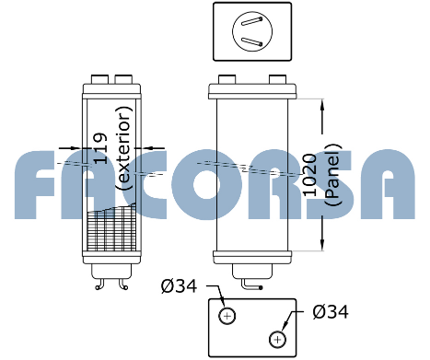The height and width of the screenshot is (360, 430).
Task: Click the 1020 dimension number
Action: click(309, 175)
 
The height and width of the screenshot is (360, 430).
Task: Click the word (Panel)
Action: click(333, 175)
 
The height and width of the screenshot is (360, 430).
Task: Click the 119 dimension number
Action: click(100, 148)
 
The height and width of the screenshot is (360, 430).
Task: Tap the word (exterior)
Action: click(123, 148)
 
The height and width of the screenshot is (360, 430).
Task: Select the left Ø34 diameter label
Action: click(179, 286)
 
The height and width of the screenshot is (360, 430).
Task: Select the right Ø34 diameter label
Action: click(331, 312)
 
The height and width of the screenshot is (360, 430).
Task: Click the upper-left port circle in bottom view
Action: click(227, 316)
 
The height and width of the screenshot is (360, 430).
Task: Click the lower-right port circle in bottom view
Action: click(277, 340)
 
